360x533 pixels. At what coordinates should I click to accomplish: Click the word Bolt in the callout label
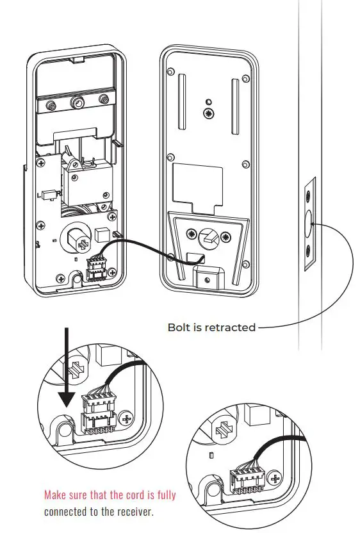(x=179, y=327)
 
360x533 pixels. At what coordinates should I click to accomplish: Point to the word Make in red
(x=56, y=495)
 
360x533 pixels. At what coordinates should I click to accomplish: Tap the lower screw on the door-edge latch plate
(x=309, y=251)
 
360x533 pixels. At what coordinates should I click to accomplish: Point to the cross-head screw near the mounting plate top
(x=208, y=113)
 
